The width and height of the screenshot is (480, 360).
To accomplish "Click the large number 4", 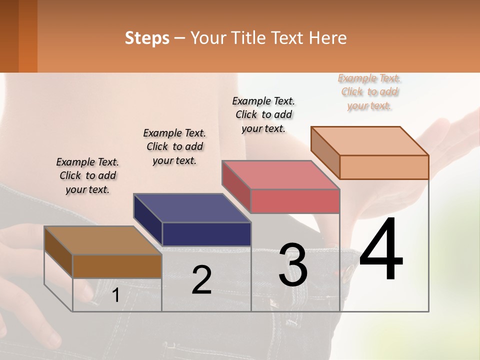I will (x=381, y=250).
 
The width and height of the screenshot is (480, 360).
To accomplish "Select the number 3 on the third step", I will (x=293, y=265).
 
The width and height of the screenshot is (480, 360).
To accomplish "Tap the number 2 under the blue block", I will (x=201, y=280).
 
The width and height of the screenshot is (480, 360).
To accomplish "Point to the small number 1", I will (x=115, y=295).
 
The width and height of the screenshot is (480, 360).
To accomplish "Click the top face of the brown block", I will (x=102, y=240).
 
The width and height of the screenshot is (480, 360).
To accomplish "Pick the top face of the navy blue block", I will (x=192, y=207).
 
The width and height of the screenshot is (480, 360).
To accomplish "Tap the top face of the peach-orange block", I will (x=369, y=140).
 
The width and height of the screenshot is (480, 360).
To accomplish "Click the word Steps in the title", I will (x=147, y=38).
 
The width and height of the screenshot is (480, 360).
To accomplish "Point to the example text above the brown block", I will (x=87, y=175).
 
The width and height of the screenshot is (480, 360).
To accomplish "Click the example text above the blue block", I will (x=174, y=146).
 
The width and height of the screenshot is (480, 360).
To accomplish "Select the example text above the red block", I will (x=263, y=114).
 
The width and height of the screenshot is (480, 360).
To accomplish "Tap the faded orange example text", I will (x=369, y=91).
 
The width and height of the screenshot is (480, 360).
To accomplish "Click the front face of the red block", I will (x=295, y=201).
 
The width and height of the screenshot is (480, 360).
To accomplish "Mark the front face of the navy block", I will (x=206, y=234).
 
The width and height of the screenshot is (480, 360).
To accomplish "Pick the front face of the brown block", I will (x=117, y=266).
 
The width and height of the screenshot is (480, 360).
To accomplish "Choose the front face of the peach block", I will (x=384, y=167).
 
